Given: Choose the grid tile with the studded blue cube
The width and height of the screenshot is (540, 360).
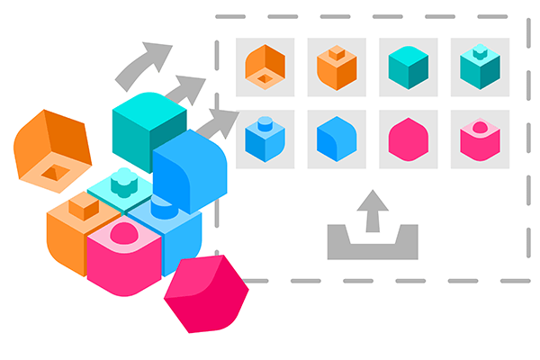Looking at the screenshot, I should pyautogui.click(x=265, y=139).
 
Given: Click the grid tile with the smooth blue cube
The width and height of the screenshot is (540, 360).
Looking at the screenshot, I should pyautogui.click(x=337, y=139).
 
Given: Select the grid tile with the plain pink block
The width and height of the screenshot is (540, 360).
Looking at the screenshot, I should pyautogui.click(x=409, y=139).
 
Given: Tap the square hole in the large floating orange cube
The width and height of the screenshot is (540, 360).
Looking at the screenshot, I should pyautogui.click(x=54, y=172).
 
